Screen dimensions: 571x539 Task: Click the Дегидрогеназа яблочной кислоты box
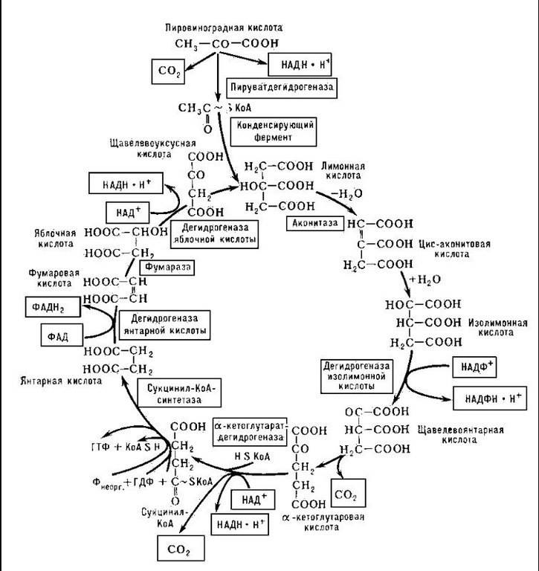coord(214,234)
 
